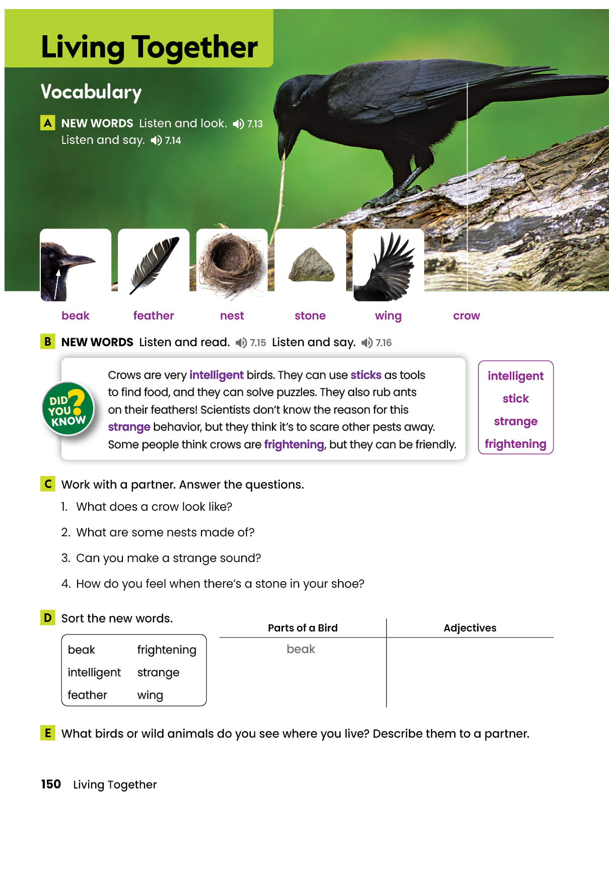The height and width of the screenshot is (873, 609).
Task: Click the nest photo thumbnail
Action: coord(232,265)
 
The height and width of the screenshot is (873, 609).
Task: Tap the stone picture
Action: coord(310,265)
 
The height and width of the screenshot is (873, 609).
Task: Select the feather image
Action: coord(154,265)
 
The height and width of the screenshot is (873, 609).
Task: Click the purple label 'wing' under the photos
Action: coord(388,316)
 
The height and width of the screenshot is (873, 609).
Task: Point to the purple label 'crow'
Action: coord(466,316)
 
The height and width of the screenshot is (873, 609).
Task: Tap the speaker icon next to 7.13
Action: coord(238,124)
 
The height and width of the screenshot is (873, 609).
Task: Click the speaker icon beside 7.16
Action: coord(367,343)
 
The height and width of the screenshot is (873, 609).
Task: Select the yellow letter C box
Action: coord(48,484)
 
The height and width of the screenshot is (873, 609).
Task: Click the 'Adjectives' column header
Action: coord(469,628)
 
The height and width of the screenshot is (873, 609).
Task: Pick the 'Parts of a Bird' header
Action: coord(303,628)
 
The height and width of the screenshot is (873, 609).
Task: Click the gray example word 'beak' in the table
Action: coord(301,649)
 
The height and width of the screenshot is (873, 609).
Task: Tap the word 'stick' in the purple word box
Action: coord(515,399)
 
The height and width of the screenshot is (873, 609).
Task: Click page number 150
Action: coord(51,784)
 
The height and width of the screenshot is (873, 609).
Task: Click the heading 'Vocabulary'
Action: coord(91,92)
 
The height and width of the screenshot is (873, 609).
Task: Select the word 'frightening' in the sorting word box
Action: coord(167,650)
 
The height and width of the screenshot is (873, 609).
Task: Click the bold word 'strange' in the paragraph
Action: coord(129,427)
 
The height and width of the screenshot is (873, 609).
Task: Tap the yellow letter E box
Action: coord(48,733)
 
